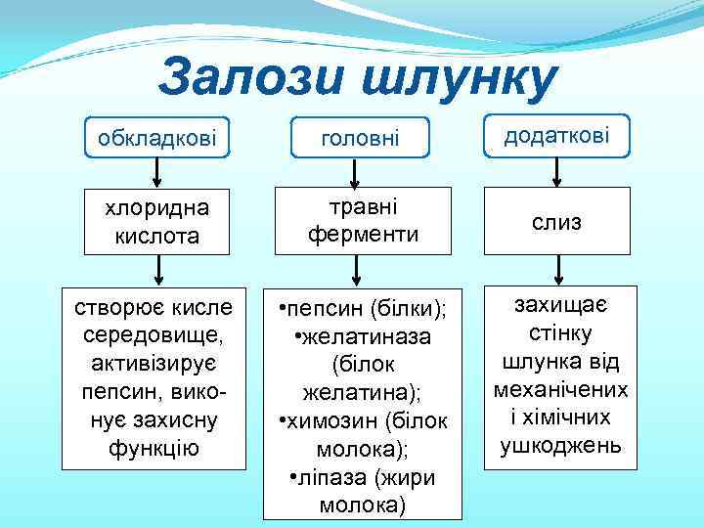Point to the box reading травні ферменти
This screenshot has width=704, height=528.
click(x=364, y=221)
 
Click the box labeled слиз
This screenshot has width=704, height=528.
click(x=556, y=223)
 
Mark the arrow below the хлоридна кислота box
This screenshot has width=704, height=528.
click(x=156, y=270)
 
